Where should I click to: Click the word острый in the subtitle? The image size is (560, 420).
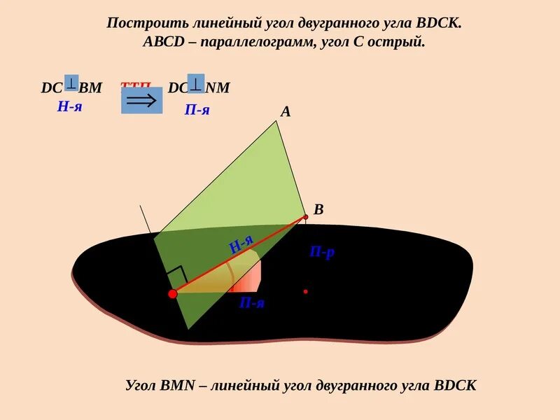(400, 42)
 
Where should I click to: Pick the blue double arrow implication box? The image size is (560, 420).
(141, 100)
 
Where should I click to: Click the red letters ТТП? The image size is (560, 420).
(135, 87)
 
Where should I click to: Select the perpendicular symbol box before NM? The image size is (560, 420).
(196, 83)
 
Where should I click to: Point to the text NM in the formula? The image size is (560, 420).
(218, 88)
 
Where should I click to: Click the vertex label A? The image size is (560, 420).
(286, 111)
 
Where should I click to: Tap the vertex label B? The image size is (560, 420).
(318, 209)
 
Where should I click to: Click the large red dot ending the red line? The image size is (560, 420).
(173, 294)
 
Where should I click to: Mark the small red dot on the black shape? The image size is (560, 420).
(305, 291)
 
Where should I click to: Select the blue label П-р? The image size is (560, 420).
(322, 252)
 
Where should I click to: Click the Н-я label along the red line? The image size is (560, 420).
(241, 245)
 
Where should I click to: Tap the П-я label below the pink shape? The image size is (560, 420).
(251, 303)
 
